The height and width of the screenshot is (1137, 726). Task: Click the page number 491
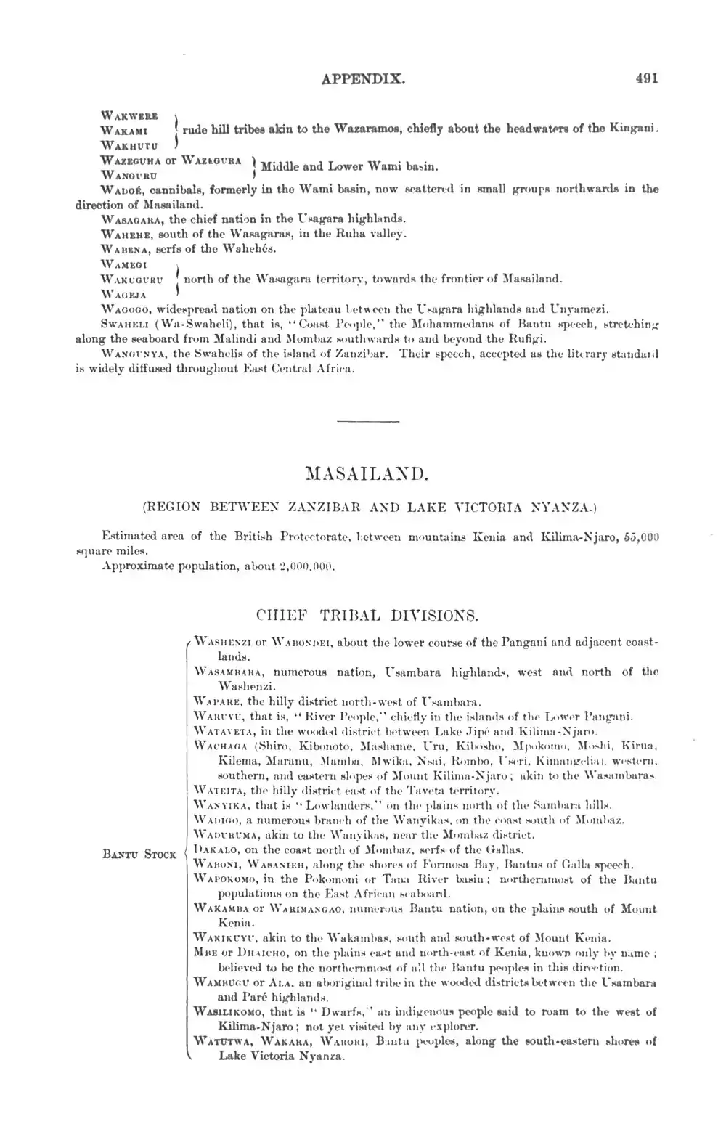tap(645, 78)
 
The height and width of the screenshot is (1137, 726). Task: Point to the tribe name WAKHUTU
tap(125, 144)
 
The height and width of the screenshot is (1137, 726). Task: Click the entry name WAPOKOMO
tap(221, 878)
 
